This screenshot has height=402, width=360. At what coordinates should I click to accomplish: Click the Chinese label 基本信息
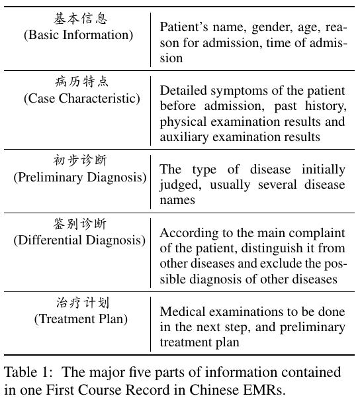[x=81, y=19]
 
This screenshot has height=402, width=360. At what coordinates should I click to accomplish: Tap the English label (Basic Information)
[x=78, y=35]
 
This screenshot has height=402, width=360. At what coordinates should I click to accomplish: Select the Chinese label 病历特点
[x=81, y=81]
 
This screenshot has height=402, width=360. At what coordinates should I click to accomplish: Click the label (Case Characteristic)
[x=82, y=99]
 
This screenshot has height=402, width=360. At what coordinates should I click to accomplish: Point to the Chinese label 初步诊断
[x=80, y=160]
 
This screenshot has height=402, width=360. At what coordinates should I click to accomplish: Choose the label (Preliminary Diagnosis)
[x=80, y=177]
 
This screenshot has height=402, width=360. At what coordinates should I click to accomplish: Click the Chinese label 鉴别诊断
[x=79, y=224]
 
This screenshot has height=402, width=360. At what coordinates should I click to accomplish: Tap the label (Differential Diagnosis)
[x=79, y=240]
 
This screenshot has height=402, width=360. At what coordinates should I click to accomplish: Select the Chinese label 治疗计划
[x=83, y=303]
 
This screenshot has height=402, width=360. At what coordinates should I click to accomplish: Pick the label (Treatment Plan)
[x=81, y=319]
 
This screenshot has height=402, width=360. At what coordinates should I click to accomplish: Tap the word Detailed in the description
[x=183, y=91]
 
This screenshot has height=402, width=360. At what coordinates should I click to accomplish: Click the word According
[x=189, y=233]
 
